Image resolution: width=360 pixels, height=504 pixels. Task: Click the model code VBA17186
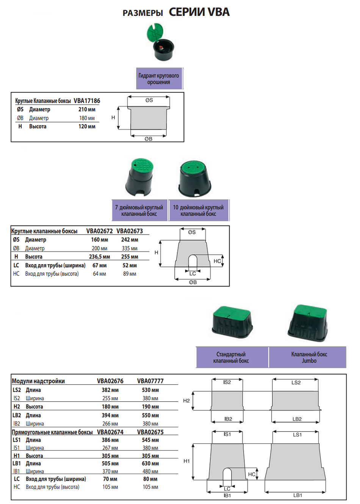87,100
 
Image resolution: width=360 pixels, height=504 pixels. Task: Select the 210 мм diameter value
87,110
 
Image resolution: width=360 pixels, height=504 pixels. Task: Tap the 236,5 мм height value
99,257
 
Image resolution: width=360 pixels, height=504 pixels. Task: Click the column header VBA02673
130,231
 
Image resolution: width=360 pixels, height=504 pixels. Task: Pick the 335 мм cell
130,249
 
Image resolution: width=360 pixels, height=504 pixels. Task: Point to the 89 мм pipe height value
130,274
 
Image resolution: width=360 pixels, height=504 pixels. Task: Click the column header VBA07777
150,381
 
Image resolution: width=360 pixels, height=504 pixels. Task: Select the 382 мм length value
110,390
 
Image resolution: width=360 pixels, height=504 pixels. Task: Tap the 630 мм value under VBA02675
150,463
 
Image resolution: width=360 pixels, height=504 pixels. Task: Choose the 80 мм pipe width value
150,479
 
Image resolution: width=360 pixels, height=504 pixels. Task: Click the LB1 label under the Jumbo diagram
297,495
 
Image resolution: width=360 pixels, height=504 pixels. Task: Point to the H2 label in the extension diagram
186,401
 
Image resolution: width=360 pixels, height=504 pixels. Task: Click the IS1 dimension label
227,434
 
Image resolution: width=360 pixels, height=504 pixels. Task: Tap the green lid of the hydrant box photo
155,32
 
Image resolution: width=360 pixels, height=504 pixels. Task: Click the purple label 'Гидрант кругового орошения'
159,78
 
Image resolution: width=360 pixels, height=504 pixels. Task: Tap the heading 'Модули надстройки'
38,381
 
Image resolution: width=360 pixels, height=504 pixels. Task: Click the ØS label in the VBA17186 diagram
149,100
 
